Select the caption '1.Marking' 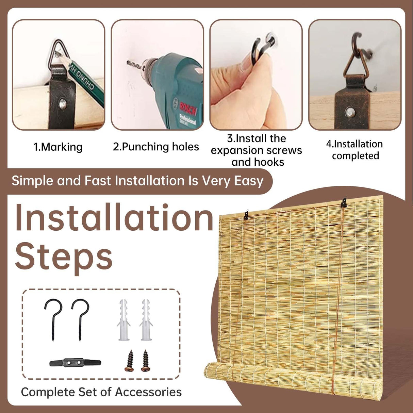click(58, 147)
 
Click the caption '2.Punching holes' click(156, 147)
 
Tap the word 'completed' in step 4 click(356, 156)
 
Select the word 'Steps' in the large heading click(64, 257)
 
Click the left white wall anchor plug click(124, 320)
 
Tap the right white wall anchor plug click(146, 320)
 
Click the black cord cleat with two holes click(75, 363)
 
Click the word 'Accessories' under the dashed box click(148, 392)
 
